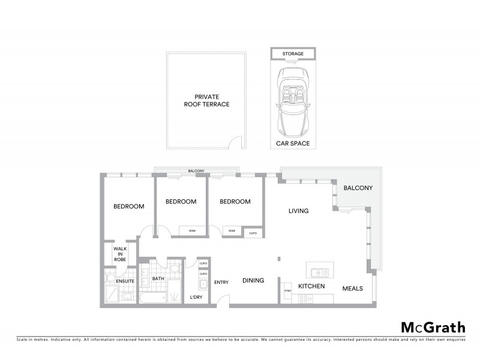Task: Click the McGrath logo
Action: [433, 328]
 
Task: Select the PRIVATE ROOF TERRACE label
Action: [207, 100]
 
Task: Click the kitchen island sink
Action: [318, 268]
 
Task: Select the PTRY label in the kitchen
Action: [287, 292]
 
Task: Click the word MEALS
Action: [352, 289]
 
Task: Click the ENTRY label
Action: [221, 283]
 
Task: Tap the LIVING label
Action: [298, 211]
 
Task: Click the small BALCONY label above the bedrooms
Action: [197, 171]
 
